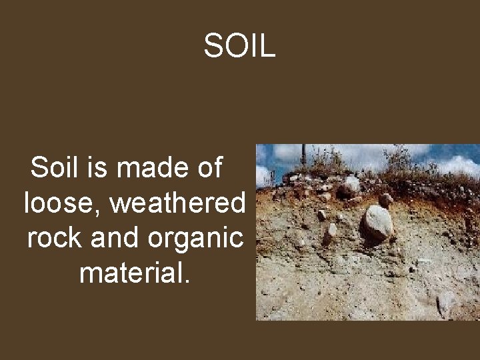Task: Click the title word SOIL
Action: (x=239, y=46)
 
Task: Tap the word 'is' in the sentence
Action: (x=96, y=167)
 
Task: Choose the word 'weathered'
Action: (x=177, y=203)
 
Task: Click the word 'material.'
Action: (x=135, y=273)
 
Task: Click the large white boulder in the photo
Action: (x=377, y=223)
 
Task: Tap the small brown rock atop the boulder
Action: (x=385, y=199)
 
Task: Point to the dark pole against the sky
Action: (x=303, y=155)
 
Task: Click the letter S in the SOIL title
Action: (x=214, y=46)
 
